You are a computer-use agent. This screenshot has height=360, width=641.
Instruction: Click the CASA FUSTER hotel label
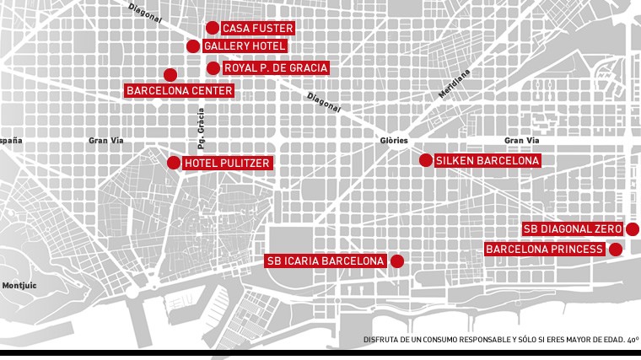[257, 28]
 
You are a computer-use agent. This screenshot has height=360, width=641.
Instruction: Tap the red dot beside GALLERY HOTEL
[193, 46]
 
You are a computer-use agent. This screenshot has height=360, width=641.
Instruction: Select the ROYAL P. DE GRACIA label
[275, 67]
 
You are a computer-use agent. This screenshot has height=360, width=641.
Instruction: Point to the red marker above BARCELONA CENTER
[170, 74]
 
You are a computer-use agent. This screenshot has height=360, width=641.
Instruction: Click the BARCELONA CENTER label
[180, 90]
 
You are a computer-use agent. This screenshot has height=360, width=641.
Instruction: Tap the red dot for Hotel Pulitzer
[174, 163]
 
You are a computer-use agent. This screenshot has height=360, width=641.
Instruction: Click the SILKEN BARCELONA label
[487, 160]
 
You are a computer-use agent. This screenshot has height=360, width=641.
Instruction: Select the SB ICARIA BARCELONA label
[326, 261]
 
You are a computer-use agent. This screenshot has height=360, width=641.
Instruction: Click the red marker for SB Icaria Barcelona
[396, 261]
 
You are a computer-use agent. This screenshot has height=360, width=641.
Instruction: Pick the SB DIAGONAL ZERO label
[572, 229]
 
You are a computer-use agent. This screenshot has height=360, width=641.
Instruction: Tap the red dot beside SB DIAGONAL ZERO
[633, 229]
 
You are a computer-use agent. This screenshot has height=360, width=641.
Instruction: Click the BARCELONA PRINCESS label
[545, 250]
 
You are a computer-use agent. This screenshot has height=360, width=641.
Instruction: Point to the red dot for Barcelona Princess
[616, 250]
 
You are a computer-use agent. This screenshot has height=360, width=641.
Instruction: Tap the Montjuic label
[19, 286]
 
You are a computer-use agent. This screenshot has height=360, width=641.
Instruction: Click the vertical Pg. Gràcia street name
[201, 133]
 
